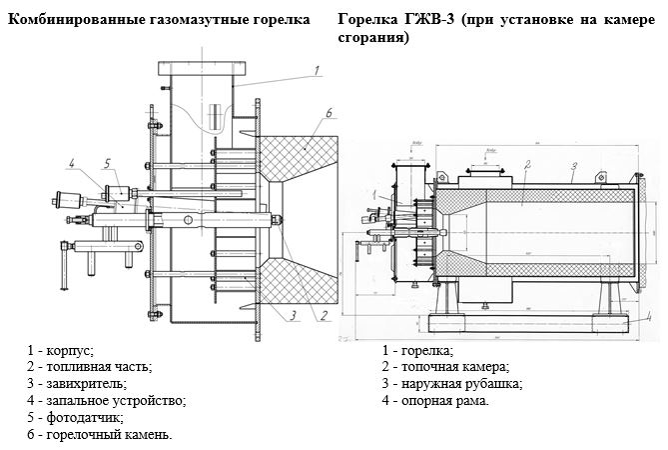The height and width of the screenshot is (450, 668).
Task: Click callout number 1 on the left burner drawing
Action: pyautogui.click(x=316, y=70)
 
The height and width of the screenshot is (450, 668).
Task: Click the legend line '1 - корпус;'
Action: pyautogui.click(x=61, y=350)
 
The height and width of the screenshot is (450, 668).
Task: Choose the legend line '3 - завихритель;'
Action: pyautogui.click(x=78, y=384)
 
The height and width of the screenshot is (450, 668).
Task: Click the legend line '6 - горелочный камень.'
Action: pyautogui.click(x=101, y=435)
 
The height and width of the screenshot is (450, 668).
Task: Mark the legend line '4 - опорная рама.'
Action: pyautogui.click(x=435, y=401)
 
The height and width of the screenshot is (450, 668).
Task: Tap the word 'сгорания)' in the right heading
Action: pyautogui.click(x=373, y=37)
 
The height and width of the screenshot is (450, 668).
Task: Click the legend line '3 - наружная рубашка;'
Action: pyautogui.click(x=452, y=384)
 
